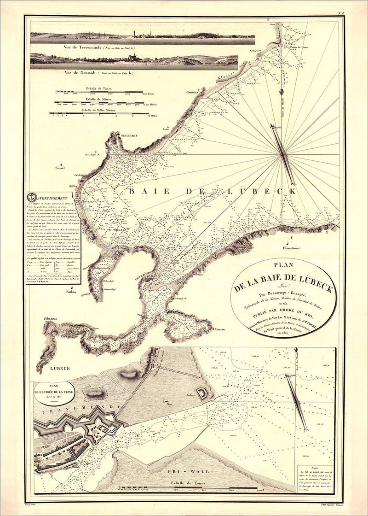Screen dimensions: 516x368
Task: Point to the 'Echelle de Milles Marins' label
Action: [98, 110]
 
